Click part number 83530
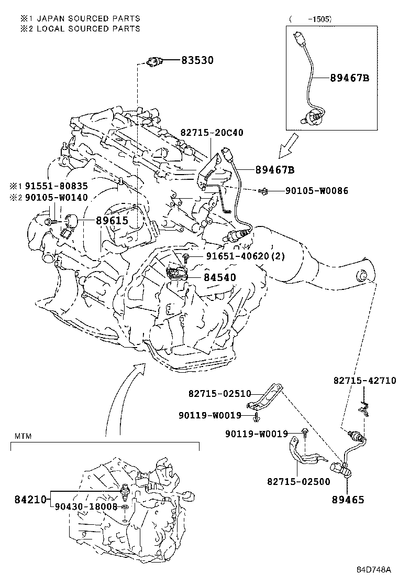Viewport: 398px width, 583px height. coord(197,60)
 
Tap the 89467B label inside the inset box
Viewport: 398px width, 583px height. coord(349,78)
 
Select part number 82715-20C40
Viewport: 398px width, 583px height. coord(212,133)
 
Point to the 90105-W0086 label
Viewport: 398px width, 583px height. coord(317,191)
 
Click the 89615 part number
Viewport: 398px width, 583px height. coord(112,221)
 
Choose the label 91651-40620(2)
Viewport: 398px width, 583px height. coord(246,256)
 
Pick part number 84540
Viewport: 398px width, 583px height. coord(220,277)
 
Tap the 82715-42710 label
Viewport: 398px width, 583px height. coord(364,381)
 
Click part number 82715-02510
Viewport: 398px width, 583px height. coord(220,393)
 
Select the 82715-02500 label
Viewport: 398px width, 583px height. coord(298,482)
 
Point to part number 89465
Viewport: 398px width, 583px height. coord(348,500)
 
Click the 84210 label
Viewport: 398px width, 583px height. coord(30,499)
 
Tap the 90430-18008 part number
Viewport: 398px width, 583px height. coord(86,507)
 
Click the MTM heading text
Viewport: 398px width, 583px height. coord(23,436)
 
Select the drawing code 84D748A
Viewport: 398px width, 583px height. coord(374,569)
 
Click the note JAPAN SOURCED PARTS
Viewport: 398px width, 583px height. coord(89,18)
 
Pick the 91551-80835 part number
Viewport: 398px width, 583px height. coord(57,186)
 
